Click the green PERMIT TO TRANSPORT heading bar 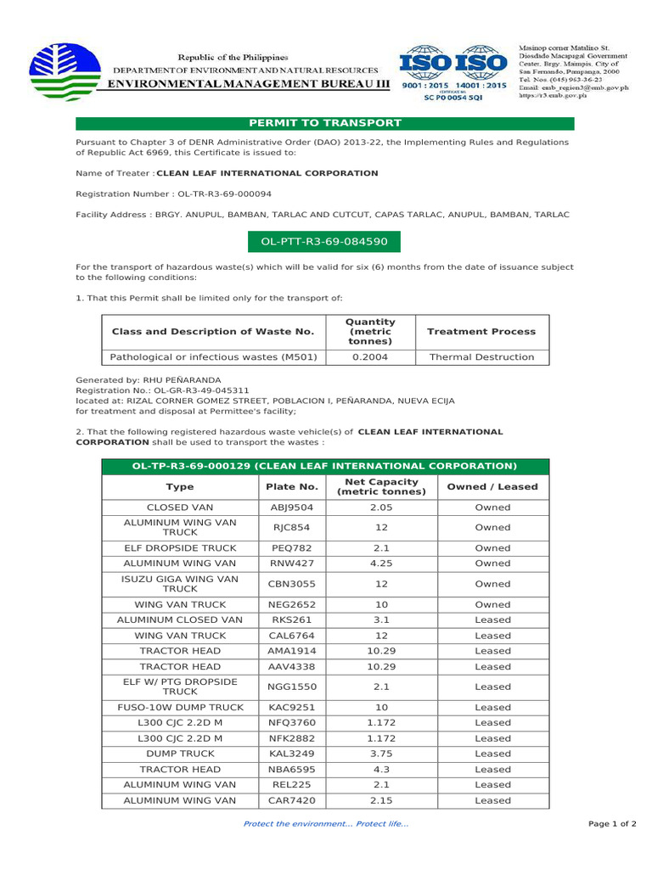point(325,123)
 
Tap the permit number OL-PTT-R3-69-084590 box point(324,242)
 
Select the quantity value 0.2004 point(372,357)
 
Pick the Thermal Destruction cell point(481,357)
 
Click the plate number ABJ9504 point(290,507)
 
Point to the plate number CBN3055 point(290,584)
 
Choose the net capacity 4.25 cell point(379,563)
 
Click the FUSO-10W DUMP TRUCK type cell point(179,707)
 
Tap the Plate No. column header point(290,487)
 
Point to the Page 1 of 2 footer point(612,824)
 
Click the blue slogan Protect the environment point(325,824)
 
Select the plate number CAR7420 point(290,800)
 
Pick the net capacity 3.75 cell point(379,754)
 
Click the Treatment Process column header point(481,332)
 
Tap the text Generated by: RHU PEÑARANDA point(149,380)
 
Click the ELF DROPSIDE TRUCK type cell point(179,548)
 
